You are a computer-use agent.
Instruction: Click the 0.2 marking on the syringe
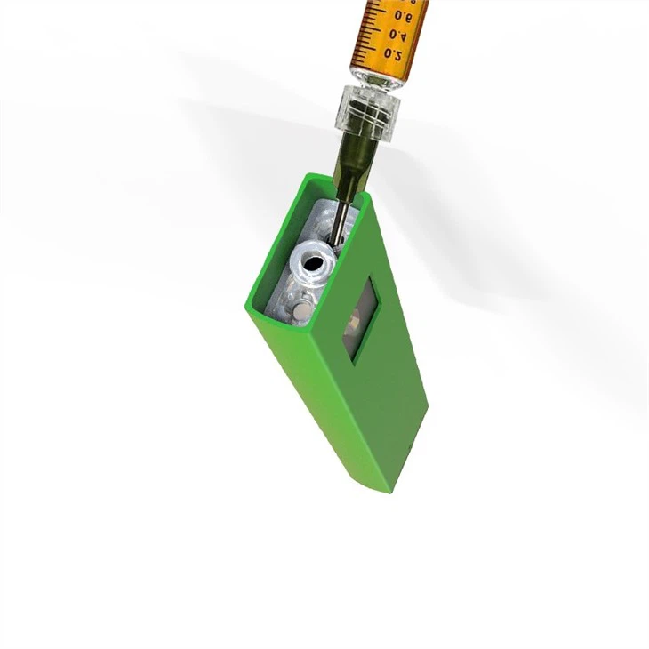coord(392,53)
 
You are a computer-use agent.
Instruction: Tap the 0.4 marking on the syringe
coord(397,35)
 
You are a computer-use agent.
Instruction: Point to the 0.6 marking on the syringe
coord(403,15)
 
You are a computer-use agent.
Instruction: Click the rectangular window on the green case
coord(360,318)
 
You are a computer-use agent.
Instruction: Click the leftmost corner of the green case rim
coord(246,307)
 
